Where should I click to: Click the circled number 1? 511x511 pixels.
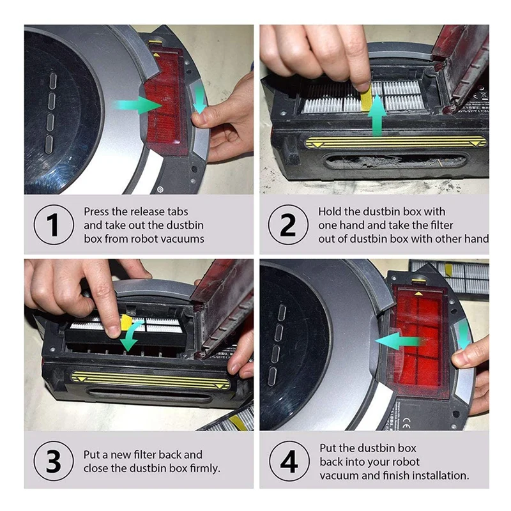point(54,225)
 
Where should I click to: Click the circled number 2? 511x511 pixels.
point(288,225)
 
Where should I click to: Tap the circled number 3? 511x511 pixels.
point(54,461)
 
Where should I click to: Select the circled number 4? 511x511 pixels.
point(289,461)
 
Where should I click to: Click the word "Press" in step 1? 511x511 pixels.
point(96,211)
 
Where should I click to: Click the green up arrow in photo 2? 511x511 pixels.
point(377,116)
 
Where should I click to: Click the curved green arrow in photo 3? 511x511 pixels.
point(132,334)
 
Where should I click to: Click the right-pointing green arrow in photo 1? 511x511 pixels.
point(137,105)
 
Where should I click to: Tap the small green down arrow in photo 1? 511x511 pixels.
point(199,100)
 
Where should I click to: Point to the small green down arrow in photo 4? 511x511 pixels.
point(464,336)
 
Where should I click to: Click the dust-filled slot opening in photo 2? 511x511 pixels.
point(396,161)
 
